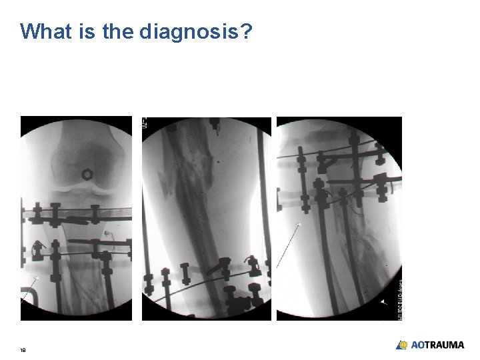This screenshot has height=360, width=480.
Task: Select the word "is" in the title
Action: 87,31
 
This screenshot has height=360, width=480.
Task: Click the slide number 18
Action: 23,349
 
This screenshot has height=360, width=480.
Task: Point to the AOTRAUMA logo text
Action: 437,345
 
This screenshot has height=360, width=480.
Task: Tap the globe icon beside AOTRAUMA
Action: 402,345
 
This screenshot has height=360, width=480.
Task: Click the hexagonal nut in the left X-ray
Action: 87,174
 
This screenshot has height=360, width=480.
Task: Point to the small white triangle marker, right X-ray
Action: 383,301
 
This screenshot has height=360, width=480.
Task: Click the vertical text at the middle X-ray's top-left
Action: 145,123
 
